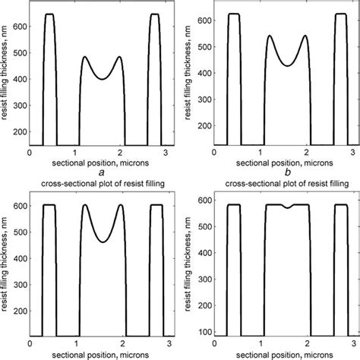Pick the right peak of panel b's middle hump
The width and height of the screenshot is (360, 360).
(305, 36)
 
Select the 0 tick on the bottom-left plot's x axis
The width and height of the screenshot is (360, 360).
(29, 343)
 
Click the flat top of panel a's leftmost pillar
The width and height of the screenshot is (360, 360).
(49, 14)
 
